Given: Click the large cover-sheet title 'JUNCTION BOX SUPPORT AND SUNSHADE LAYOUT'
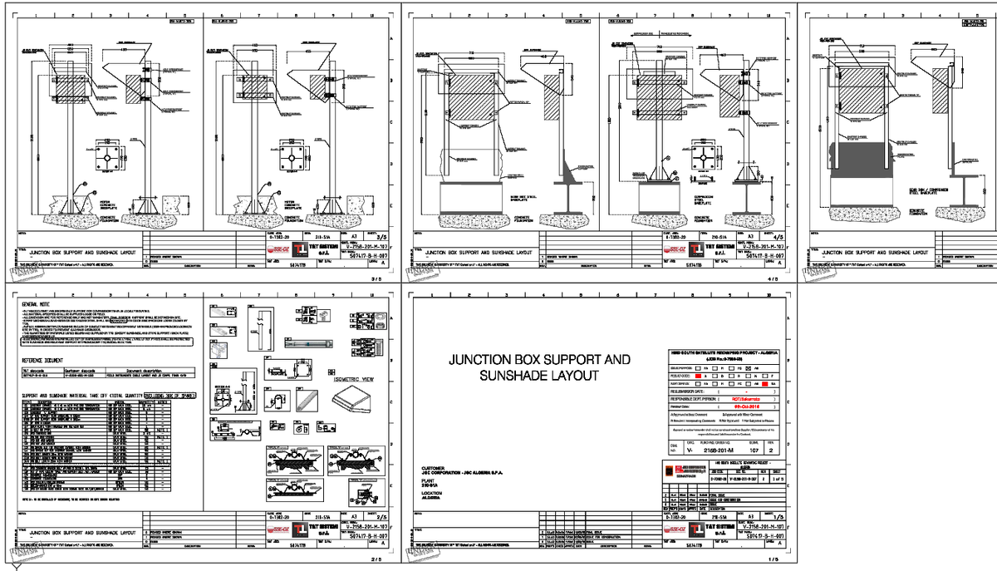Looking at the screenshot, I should [539, 368].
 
